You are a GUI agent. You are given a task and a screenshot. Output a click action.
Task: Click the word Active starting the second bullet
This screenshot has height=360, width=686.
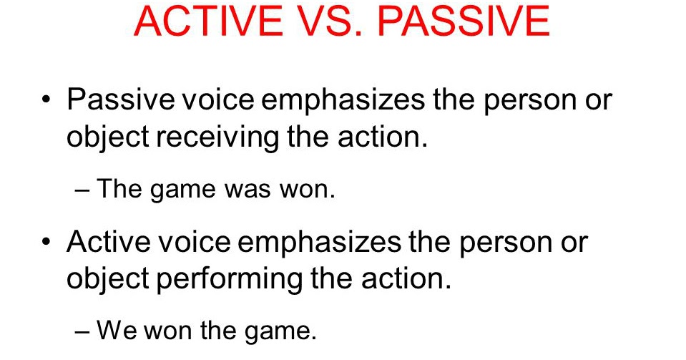click(104, 242)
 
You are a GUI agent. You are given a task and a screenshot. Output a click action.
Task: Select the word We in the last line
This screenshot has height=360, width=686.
click(117, 331)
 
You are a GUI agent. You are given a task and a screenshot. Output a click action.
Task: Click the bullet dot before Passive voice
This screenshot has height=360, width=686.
click(47, 99)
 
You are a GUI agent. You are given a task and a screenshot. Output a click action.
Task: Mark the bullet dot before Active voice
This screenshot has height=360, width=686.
click(47, 242)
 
